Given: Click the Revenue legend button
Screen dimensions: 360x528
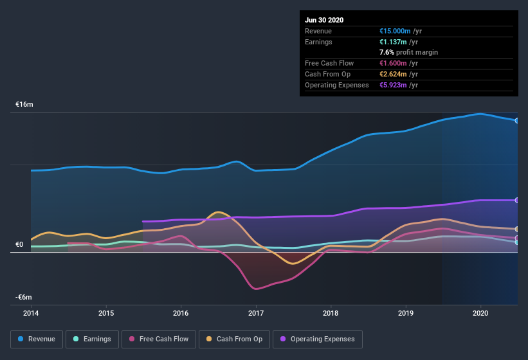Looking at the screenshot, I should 37,339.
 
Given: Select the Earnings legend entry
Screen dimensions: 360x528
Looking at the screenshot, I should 92,339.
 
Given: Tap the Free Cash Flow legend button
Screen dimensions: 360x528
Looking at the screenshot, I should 159,339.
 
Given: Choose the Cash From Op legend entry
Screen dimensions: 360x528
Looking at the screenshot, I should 235,339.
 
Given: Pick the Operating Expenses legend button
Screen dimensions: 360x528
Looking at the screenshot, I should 318,339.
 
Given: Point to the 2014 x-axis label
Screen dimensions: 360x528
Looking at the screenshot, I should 31,313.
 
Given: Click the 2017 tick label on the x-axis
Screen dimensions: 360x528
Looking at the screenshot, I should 256,313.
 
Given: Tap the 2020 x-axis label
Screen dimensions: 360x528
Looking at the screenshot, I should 480,313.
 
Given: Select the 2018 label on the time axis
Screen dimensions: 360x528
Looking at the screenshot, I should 331,313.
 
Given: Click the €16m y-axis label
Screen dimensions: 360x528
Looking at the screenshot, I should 24,104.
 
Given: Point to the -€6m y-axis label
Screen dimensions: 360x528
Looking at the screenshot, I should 24,297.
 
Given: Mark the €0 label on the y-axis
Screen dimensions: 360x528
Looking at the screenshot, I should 19,244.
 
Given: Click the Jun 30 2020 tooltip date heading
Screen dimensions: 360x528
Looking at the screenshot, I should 324,20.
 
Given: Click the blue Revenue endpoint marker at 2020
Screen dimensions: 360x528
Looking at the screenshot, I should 516,120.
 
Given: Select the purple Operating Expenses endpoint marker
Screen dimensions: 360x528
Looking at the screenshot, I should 516,200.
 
